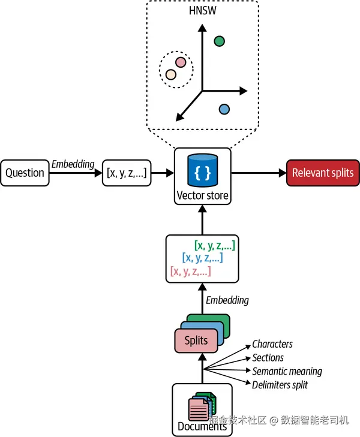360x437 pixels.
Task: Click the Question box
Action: [25, 173]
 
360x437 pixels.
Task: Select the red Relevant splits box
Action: [323, 173]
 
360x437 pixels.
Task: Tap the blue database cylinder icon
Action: [202, 170]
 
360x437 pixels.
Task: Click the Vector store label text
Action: [202, 195]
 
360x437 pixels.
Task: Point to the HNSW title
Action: [202, 11]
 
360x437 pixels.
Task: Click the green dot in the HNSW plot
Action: [220, 41]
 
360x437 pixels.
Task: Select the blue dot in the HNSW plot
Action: [224, 109]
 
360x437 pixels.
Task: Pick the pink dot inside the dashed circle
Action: [180, 62]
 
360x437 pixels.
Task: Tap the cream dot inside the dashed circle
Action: [171, 74]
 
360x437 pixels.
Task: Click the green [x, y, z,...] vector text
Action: [214, 245]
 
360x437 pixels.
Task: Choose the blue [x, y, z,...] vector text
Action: [202, 258]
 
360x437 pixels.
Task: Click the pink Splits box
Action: [196, 340]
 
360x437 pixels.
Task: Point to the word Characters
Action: [272, 344]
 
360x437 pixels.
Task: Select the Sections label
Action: [268, 358]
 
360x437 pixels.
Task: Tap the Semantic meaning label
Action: [287, 372]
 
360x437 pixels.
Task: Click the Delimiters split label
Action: [280, 385]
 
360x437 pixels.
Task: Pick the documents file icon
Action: [202, 407]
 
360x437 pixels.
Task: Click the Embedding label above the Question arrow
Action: [73, 164]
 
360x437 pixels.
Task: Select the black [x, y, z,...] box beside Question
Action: [127, 173]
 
